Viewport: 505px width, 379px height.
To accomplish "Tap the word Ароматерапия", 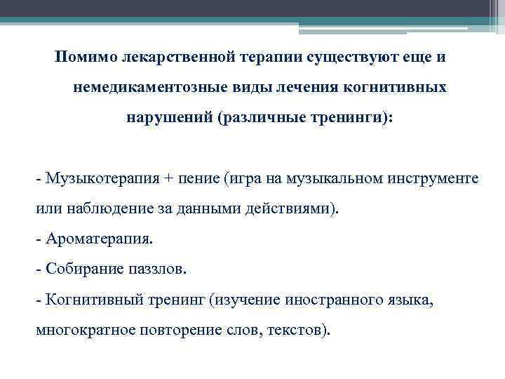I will point(97,239).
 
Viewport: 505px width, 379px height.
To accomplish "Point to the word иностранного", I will point(333,300).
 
